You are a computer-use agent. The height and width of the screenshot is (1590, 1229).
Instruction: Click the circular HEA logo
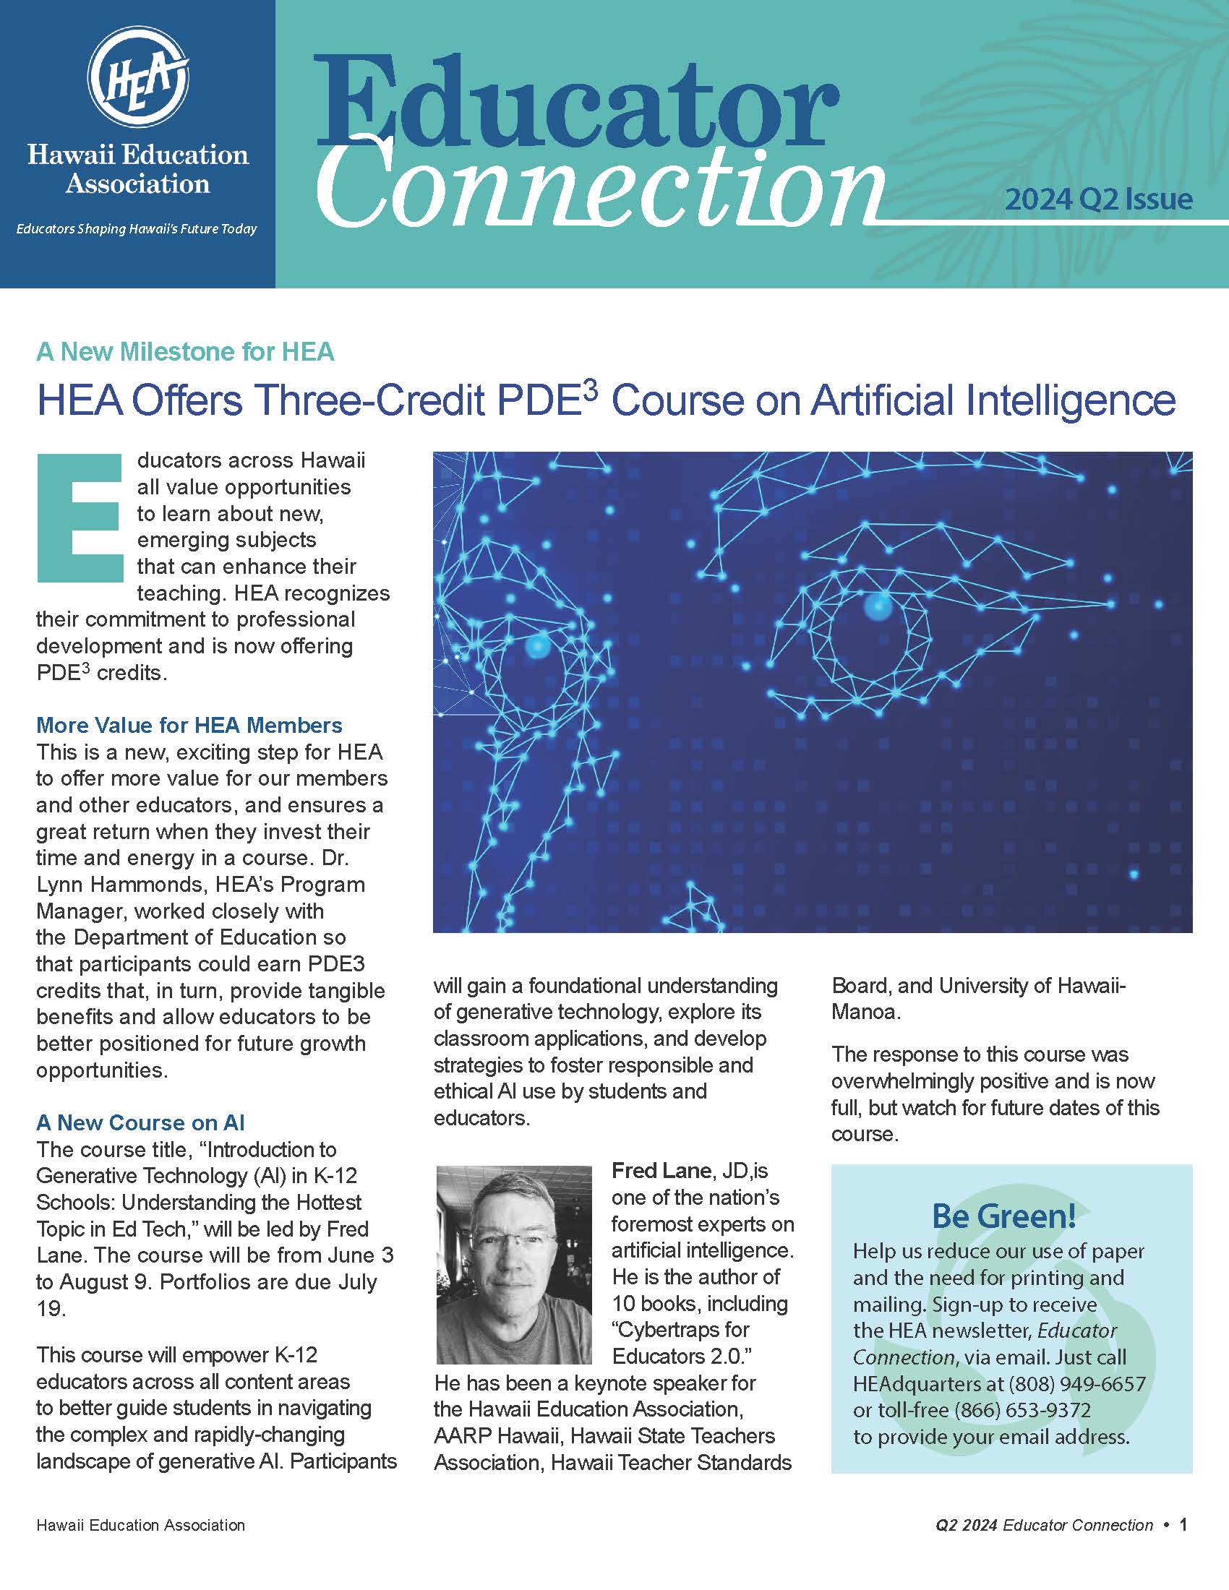pos(138,79)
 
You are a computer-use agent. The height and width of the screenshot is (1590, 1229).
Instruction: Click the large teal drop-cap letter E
pos(79,518)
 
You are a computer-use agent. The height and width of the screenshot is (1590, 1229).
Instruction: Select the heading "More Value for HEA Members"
pos(189,725)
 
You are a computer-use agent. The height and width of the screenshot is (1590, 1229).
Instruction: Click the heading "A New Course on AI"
pos(140,1122)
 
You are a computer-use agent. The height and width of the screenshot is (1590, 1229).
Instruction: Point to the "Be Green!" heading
pos(1004,1216)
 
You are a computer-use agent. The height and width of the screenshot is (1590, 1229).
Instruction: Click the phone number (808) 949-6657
pos(1077,1383)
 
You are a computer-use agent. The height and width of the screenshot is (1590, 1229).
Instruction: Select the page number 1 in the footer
pos(1183,1524)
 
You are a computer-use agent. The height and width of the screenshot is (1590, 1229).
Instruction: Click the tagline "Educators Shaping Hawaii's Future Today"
pos(137,229)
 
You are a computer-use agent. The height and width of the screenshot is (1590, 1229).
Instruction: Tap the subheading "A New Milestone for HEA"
pos(185,352)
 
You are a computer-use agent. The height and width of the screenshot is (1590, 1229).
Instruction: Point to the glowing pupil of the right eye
pos(878,606)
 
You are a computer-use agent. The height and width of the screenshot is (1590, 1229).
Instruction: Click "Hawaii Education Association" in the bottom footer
pos(140,1525)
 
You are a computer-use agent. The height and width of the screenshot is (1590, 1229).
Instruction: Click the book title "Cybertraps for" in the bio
pos(681,1329)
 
